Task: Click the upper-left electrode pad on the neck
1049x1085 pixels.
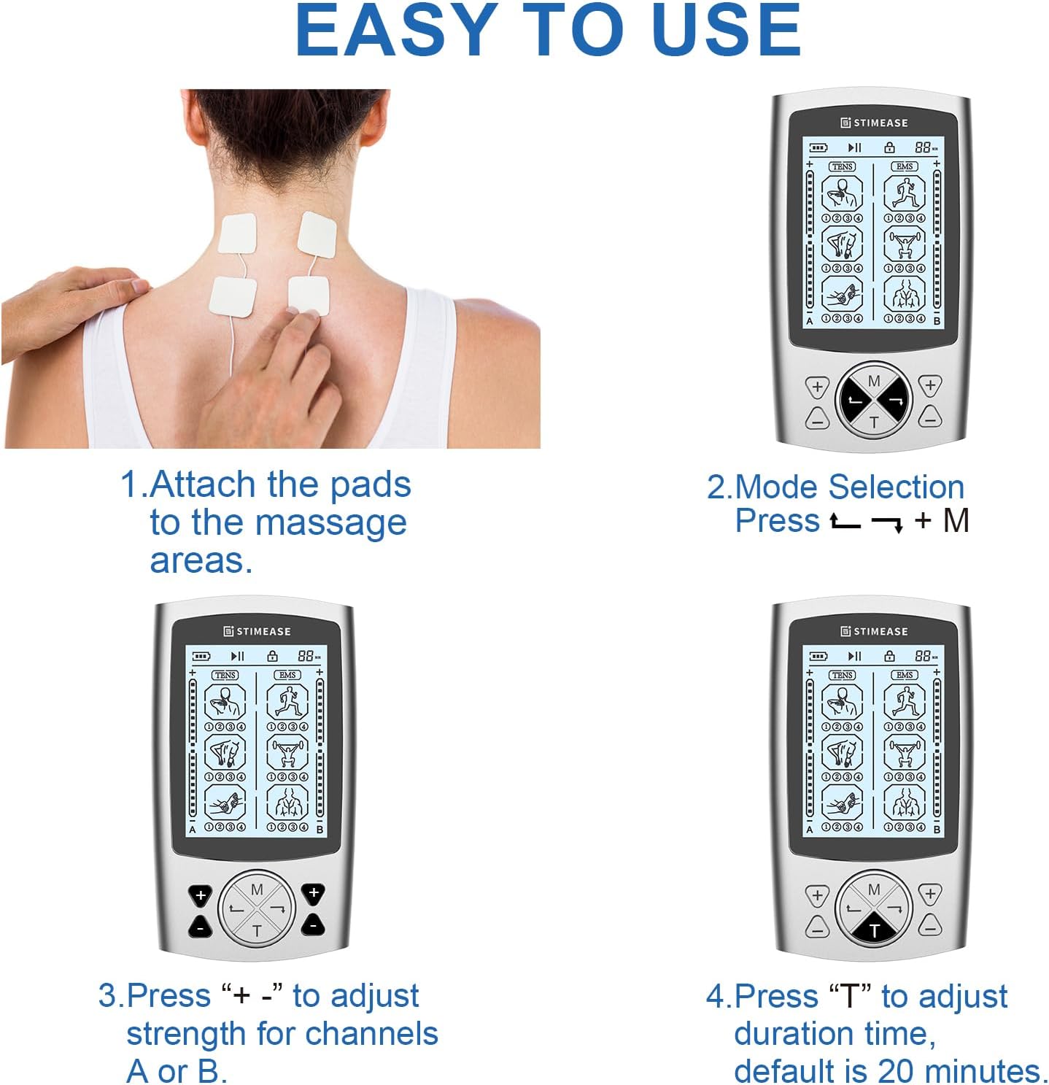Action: [237, 233]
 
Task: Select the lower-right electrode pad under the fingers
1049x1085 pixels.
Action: [309, 295]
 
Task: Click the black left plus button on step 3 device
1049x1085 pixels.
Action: [201, 895]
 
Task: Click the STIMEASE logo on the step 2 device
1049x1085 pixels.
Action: [874, 123]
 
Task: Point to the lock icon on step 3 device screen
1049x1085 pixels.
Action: [272, 656]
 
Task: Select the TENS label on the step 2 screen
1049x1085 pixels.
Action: [842, 166]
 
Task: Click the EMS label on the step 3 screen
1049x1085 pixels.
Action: [287, 675]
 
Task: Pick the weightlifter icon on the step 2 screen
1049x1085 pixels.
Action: [904, 243]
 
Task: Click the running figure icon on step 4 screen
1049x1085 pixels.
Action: [904, 701]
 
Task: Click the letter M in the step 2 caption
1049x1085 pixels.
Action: [956, 521]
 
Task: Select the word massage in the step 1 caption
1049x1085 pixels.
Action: [330, 524]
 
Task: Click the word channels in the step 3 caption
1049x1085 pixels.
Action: [371, 1033]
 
